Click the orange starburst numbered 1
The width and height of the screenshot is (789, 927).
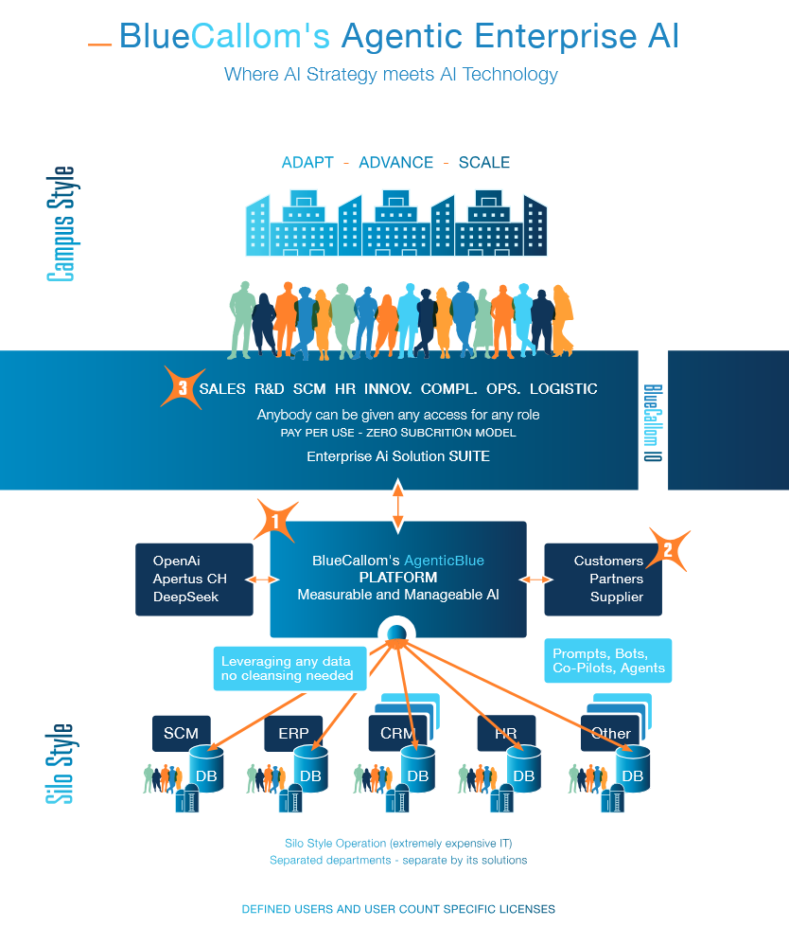274,520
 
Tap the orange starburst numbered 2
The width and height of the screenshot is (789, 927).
668,550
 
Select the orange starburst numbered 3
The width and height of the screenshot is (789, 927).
182,386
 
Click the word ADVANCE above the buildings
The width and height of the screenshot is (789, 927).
395,163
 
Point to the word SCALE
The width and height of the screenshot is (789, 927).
483,163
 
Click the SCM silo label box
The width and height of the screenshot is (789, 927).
181,733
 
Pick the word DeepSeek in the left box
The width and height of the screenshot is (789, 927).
185,597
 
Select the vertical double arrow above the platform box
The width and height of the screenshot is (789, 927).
397,505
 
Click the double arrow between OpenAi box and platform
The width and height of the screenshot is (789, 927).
261,579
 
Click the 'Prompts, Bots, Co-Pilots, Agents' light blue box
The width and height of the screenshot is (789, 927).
608,661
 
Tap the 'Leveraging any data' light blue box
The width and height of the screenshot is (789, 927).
286,668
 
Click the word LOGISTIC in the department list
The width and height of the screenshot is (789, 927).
563,388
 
